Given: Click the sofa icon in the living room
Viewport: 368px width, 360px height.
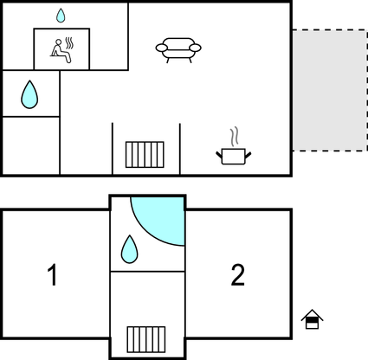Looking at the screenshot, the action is pos(178,50).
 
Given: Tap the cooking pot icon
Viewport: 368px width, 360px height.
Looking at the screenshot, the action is pos(234,157).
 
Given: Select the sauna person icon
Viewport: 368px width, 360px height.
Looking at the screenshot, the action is pos(61,51).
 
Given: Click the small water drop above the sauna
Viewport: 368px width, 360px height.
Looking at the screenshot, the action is pos(61,16).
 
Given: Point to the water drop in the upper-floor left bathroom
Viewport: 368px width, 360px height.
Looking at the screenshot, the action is pos(29,94).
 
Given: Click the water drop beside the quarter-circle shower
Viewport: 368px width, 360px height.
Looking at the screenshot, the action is pos(130,249).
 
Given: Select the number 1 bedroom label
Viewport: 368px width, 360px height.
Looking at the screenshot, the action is pos(52,275).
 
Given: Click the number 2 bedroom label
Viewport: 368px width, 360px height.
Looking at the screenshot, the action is pos(238,275).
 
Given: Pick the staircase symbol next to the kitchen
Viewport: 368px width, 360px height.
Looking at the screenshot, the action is pos(145,154).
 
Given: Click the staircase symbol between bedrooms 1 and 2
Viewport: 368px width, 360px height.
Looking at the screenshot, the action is pos(146,339).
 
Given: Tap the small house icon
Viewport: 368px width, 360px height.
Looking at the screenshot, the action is pos(312,319).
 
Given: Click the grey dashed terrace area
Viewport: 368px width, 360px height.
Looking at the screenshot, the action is pos(330,90).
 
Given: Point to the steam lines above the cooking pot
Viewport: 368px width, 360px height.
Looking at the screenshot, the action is pos(235,136).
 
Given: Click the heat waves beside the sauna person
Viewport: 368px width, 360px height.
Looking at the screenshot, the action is pos(69,43).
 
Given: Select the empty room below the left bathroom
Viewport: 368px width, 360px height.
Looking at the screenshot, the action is pos(31,145).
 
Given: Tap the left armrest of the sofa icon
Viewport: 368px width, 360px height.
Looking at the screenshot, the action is pos(161,48).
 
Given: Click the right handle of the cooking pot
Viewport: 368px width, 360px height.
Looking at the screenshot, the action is pos(249,156).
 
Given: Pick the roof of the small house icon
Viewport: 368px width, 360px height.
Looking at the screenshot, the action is pos(312,314).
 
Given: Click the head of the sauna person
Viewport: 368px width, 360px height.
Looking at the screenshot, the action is pos(59,42).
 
